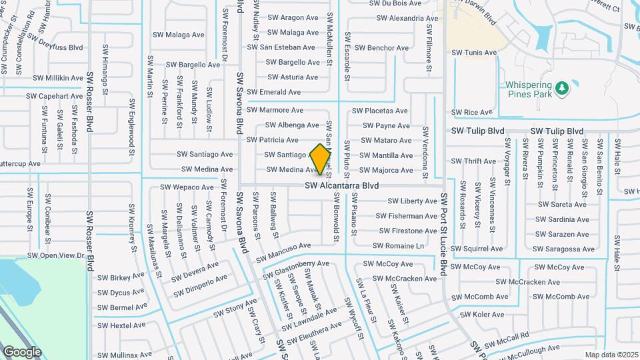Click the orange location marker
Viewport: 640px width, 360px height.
(x=320, y=159)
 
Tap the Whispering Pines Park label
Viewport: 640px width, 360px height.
(x=528, y=89)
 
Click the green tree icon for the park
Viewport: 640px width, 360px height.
(x=561, y=87)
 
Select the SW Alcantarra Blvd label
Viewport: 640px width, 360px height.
(x=342, y=185)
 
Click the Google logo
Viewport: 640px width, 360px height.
(x=22, y=351)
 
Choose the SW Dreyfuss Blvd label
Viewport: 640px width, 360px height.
(x=55, y=47)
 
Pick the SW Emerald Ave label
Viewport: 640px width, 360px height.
(x=273, y=92)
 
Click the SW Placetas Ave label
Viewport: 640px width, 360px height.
(x=380, y=111)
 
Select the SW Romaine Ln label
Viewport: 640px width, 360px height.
(x=398, y=246)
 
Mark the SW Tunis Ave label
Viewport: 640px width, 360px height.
(x=474, y=53)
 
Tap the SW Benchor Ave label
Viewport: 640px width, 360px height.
(x=381, y=48)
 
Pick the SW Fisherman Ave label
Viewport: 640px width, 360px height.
(x=407, y=216)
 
